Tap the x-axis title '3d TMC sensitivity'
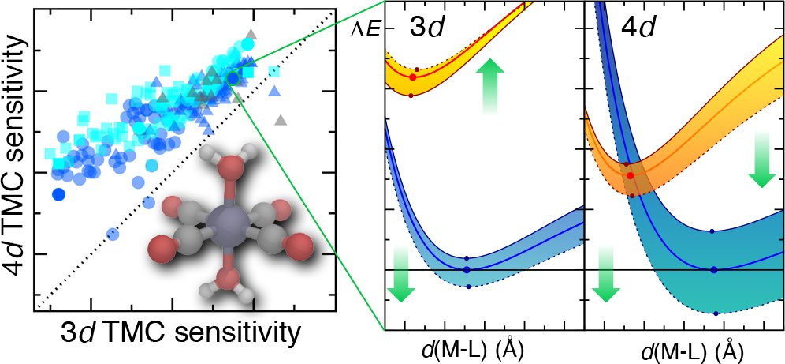tap(181, 334)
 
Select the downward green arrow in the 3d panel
tap(400, 273)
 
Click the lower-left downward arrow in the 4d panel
tap(605, 273)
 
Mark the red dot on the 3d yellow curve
tap(412, 77)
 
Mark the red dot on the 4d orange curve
tap(629, 175)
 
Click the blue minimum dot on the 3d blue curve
tap(467, 270)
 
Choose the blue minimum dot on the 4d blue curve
tap(714, 270)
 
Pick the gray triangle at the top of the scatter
tap(251, 33)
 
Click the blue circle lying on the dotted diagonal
tap(112, 234)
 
